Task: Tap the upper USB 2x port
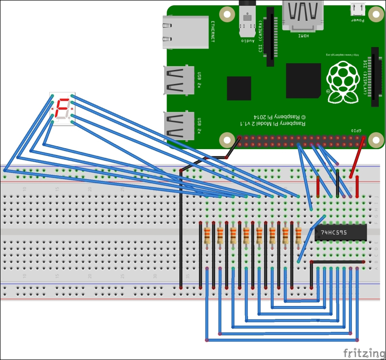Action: click(x=178, y=80)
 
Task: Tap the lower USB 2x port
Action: click(x=178, y=125)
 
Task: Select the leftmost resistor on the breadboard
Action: click(x=207, y=235)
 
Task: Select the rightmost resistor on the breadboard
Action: click(x=298, y=235)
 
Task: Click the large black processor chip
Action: click(x=303, y=80)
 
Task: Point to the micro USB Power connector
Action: click(x=357, y=10)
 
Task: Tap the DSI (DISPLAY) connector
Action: click(x=374, y=77)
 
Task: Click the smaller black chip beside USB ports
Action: click(x=239, y=88)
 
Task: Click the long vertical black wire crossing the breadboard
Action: click(x=180, y=227)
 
